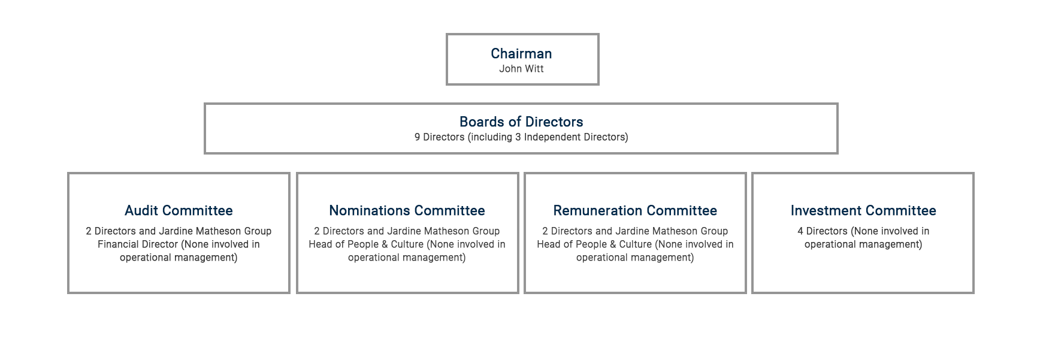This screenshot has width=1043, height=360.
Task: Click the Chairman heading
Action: point(521,53)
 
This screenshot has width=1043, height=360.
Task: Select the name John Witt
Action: point(521,69)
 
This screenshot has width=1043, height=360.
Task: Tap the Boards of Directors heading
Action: point(521,122)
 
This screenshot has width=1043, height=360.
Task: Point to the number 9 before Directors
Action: point(417,137)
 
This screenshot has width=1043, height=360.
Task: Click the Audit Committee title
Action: point(179,210)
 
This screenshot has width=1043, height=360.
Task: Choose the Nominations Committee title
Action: point(407,210)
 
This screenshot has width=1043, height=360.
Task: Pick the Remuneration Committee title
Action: point(635,210)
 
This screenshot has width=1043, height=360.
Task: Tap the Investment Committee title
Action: point(863,210)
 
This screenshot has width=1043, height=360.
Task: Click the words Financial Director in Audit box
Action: point(138,244)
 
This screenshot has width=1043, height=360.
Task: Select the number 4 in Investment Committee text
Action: point(800,231)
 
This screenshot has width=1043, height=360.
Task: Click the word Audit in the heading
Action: point(141,210)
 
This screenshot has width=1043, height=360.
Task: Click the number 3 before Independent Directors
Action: point(518,137)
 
